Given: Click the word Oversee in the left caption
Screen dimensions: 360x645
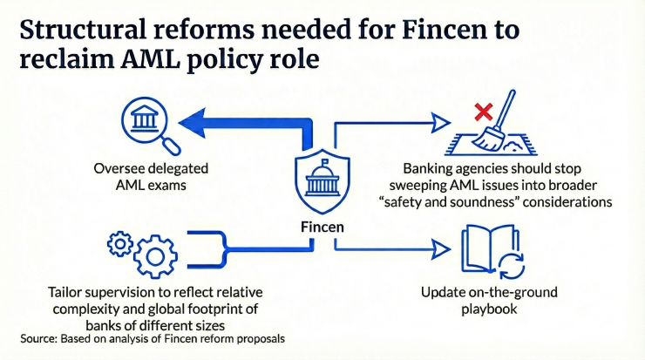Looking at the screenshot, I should click(121, 168).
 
